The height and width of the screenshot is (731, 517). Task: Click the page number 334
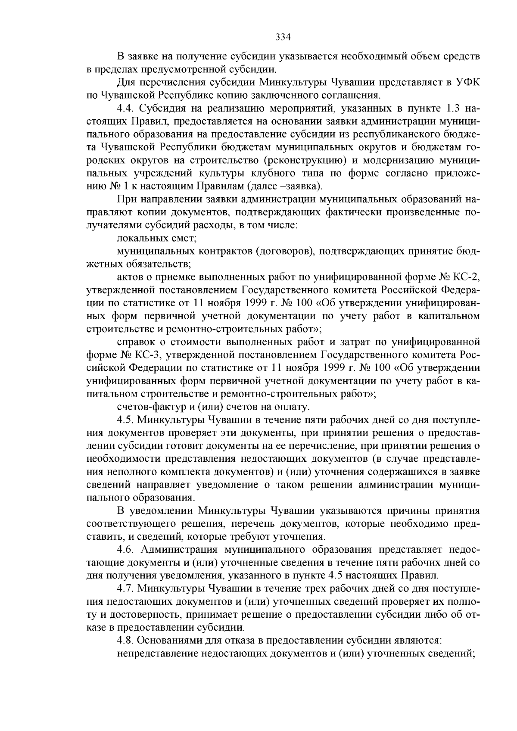pyautogui.click(x=283, y=37)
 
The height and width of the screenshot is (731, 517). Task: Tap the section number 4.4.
pyautogui.click(x=126, y=108)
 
